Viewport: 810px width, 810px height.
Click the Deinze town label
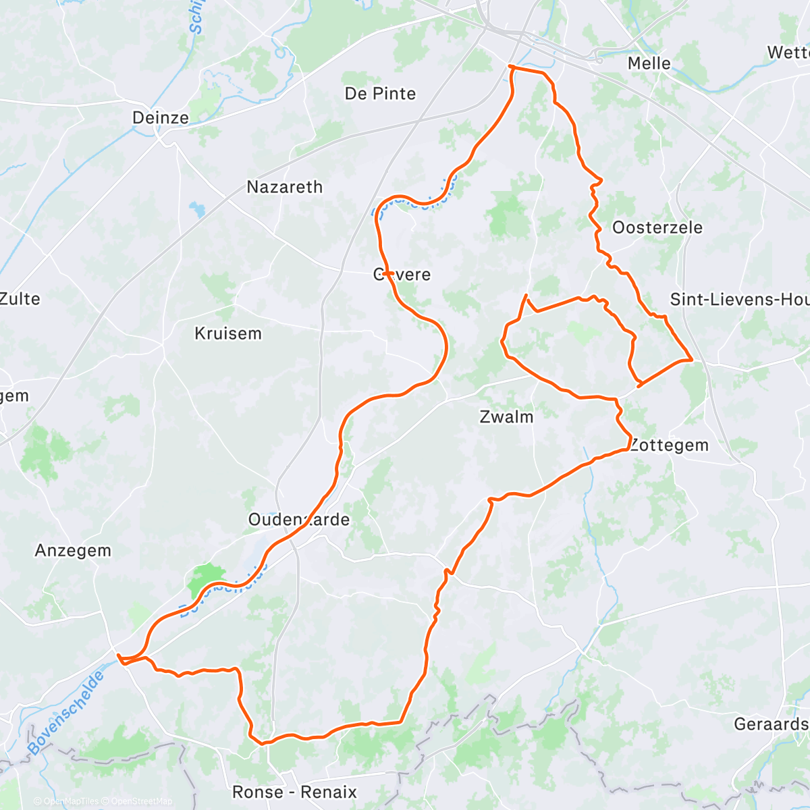pyautogui.click(x=161, y=117)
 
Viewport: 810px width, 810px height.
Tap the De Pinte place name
pyautogui.click(x=380, y=94)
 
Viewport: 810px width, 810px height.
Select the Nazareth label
pyautogui.click(x=284, y=187)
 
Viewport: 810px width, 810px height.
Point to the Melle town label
pyautogui.click(x=649, y=63)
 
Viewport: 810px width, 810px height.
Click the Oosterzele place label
pyautogui.click(x=657, y=227)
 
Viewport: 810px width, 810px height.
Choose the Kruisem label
pyautogui.click(x=227, y=333)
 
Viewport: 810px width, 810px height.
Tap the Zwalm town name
pyautogui.click(x=506, y=417)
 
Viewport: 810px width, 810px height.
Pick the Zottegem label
pyautogui.click(x=669, y=446)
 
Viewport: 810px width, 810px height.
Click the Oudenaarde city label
pyautogui.click(x=299, y=520)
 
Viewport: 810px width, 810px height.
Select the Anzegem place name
pyautogui.click(x=73, y=551)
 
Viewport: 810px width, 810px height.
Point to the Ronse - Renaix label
pyautogui.click(x=294, y=792)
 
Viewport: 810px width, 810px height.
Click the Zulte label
pyautogui.click(x=20, y=298)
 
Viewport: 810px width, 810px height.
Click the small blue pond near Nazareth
pyautogui.click(x=198, y=209)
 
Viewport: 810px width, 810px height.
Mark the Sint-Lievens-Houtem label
pyautogui.click(x=739, y=299)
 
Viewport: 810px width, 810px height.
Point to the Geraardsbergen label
pyautogui.click(x=771, y=724)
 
